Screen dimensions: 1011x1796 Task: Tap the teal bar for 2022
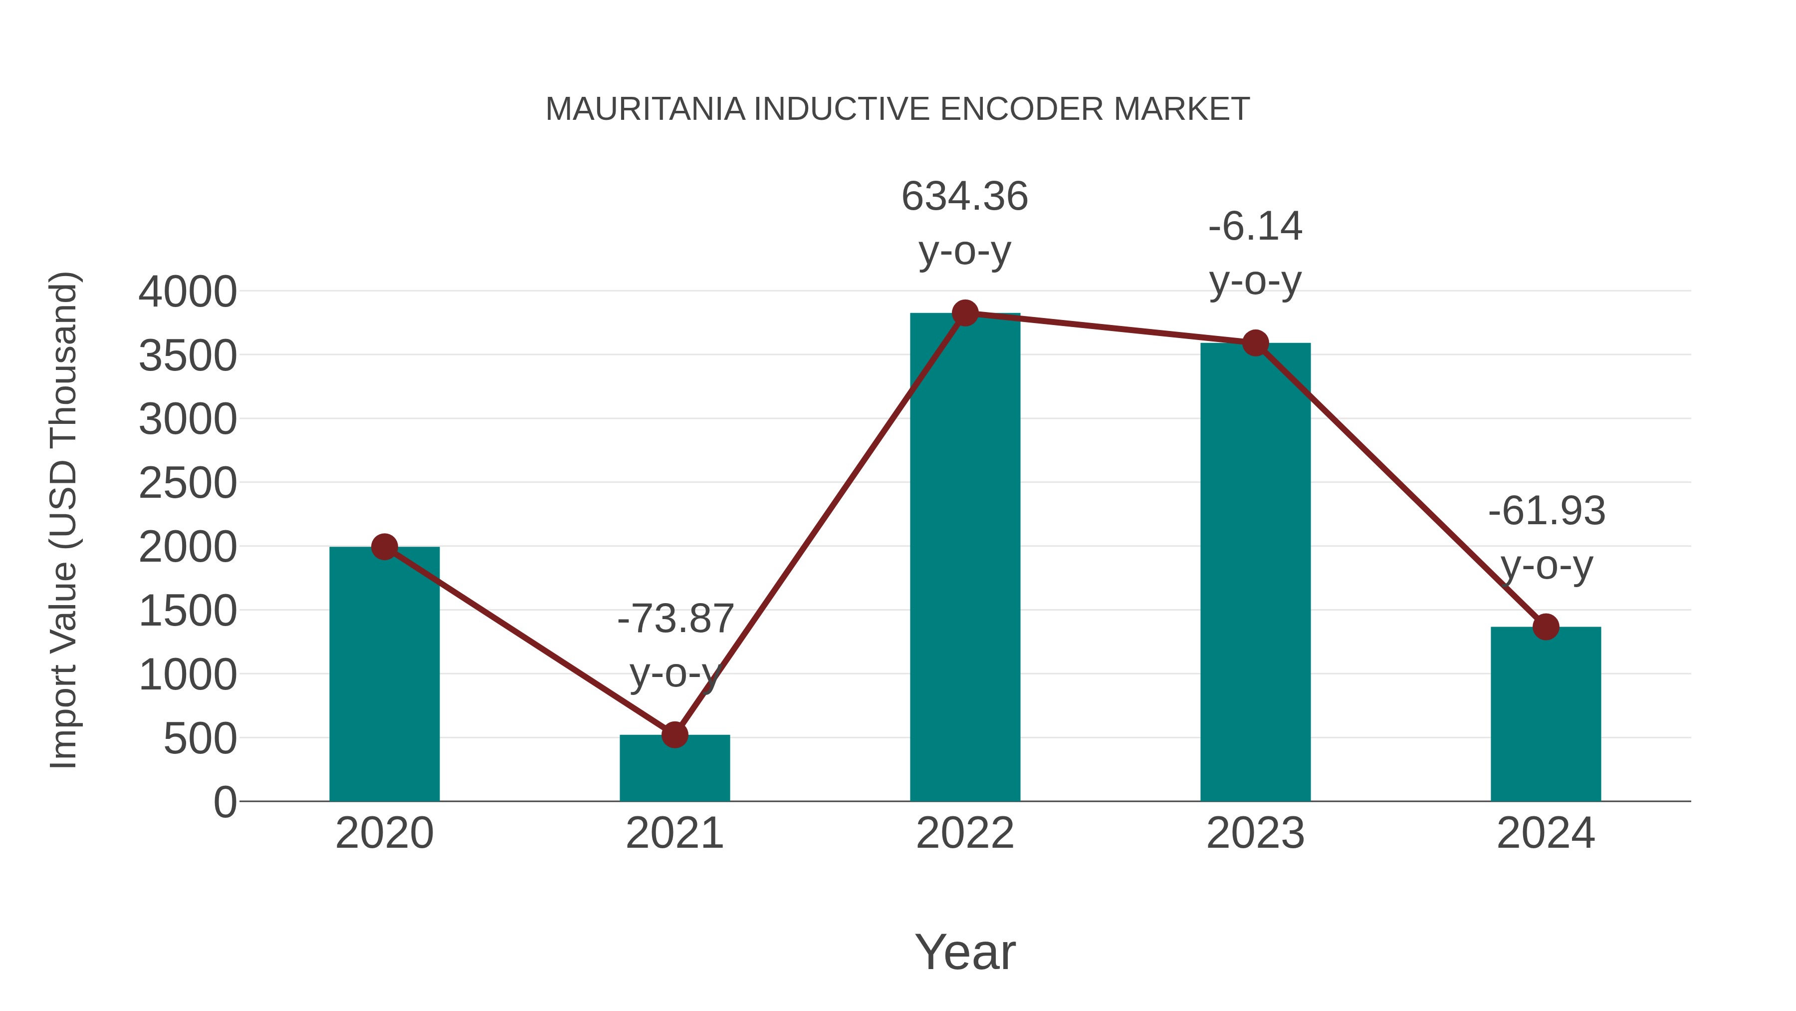tap(965, 558)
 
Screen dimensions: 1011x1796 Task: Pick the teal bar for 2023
tap(1255, 572)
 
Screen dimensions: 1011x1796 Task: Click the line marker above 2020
tap(384, 547)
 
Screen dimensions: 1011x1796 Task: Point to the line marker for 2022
tap(965, 313)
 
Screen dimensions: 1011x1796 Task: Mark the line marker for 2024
tap(1546, 627)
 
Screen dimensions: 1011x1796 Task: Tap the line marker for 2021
tap(674, 735)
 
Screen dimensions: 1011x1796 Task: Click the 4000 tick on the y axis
tap(188, 292)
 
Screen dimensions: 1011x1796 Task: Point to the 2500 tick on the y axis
tap(188, 483)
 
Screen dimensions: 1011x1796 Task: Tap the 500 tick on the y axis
tap(200, 739)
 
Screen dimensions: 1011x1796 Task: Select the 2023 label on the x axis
tap(1255, 833)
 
